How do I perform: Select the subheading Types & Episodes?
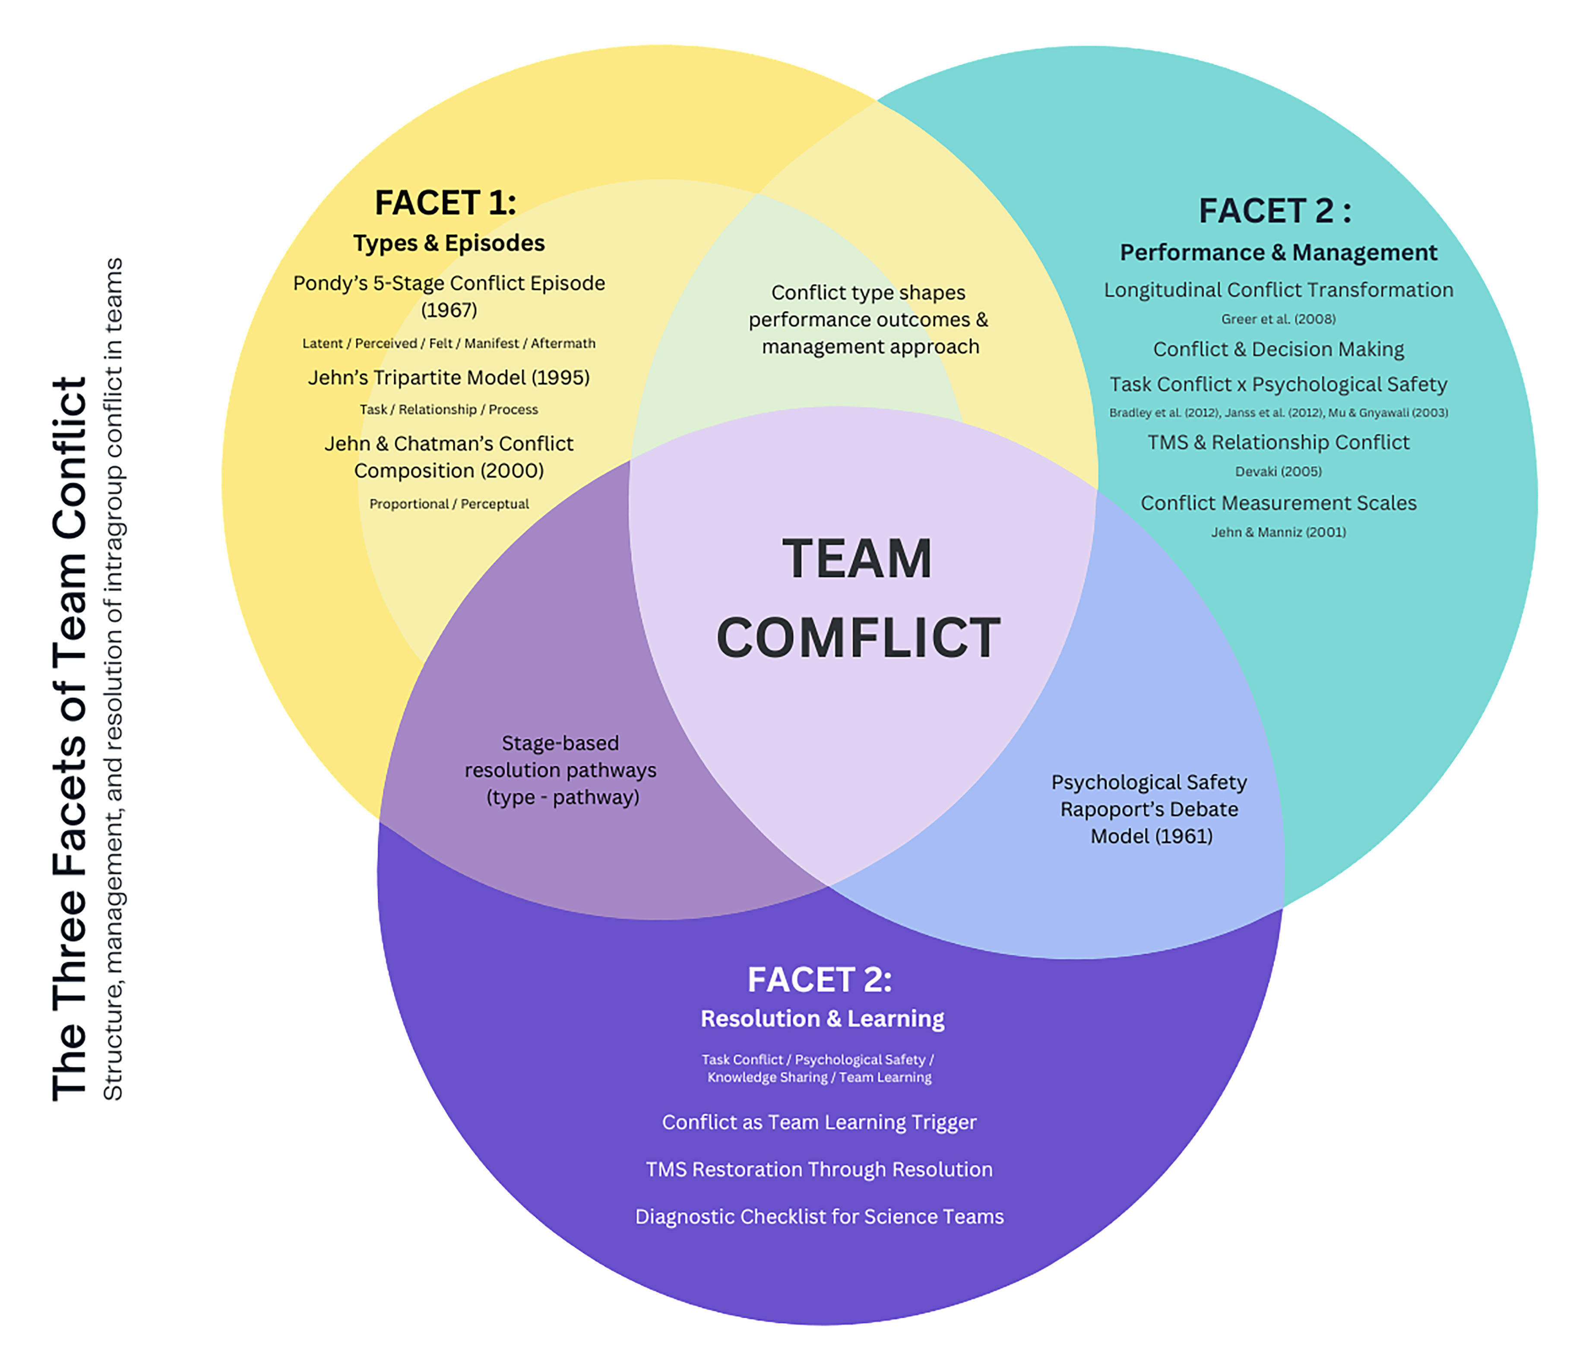tap(449, 243)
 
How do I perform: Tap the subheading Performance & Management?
tap(1278, 253)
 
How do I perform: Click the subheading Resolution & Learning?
tap(822, 1019)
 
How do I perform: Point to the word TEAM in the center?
tap(857, 559)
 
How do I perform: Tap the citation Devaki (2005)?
tap(1278, 471)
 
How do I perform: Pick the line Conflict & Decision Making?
tap(1278, 350)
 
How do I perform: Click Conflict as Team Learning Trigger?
tap(819, 1122)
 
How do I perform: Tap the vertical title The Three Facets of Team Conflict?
tap(70, 739)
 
